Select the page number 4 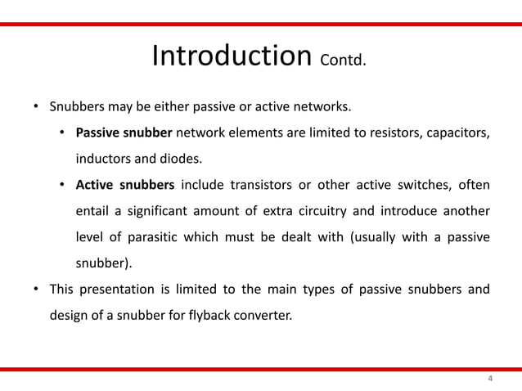tap(490, 379)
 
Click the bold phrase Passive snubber tap(124, 133)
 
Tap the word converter tap(262, 314)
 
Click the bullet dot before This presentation tap(35, 289)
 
